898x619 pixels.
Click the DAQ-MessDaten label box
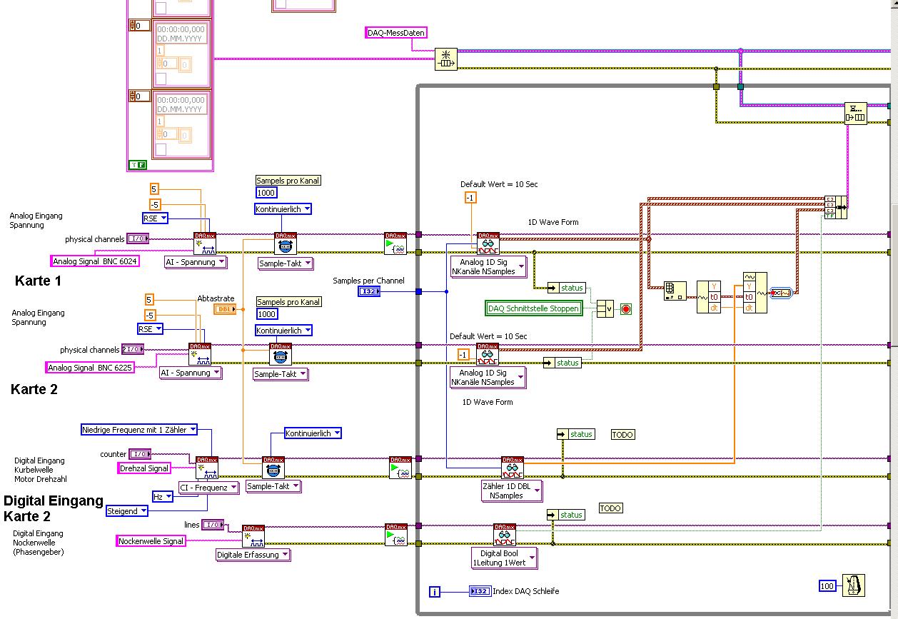(395, 33)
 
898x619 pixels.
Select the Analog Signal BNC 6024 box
(95, 261)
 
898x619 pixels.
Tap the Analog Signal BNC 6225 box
(90, 368)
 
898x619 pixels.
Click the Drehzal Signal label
(144, 468)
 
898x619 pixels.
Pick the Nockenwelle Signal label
(151, 541)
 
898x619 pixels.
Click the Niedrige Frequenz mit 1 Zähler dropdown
(138, 430)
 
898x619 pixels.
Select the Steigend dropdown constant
(127, 511)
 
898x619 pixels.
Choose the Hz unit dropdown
(162, 496)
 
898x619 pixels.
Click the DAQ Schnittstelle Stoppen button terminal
(533, 308)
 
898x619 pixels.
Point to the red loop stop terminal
(626, 309)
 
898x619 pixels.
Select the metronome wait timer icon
(853, 585)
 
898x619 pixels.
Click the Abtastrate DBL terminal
(225, 309)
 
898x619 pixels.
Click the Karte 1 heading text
(38, 281)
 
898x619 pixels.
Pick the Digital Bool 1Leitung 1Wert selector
(504, 558)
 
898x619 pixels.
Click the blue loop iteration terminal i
(435, 592)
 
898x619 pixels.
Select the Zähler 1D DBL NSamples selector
(512, 490)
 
